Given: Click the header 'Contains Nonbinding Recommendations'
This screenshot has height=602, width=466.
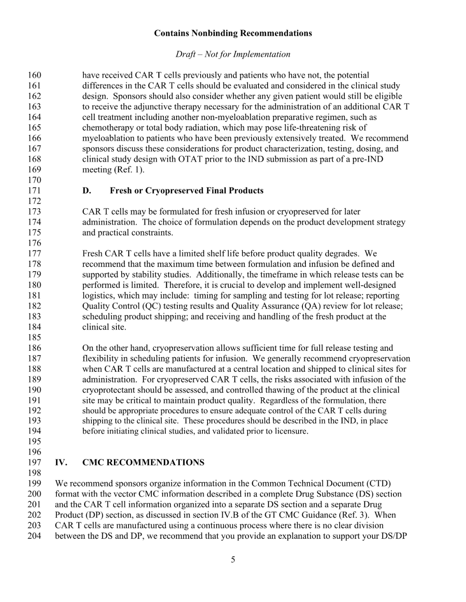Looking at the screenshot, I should (x=233, y=33).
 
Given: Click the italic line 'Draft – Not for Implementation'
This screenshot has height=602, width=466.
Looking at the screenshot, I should (x=233, y=54).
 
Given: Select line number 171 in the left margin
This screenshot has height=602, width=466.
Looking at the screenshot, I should (x=35, y=190).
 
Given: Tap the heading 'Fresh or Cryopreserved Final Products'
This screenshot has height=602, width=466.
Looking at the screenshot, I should (x=186, y=190).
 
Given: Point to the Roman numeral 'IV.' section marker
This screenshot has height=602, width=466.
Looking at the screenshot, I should (x=61, y=462).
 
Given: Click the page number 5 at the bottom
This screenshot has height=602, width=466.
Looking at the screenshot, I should (x=233, y=559).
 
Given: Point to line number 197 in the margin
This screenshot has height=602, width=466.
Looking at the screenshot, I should (x=35, y=462).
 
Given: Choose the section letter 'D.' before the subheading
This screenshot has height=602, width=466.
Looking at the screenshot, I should (x=87, y=190).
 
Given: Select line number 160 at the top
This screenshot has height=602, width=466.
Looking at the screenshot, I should (x=35, y=75).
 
